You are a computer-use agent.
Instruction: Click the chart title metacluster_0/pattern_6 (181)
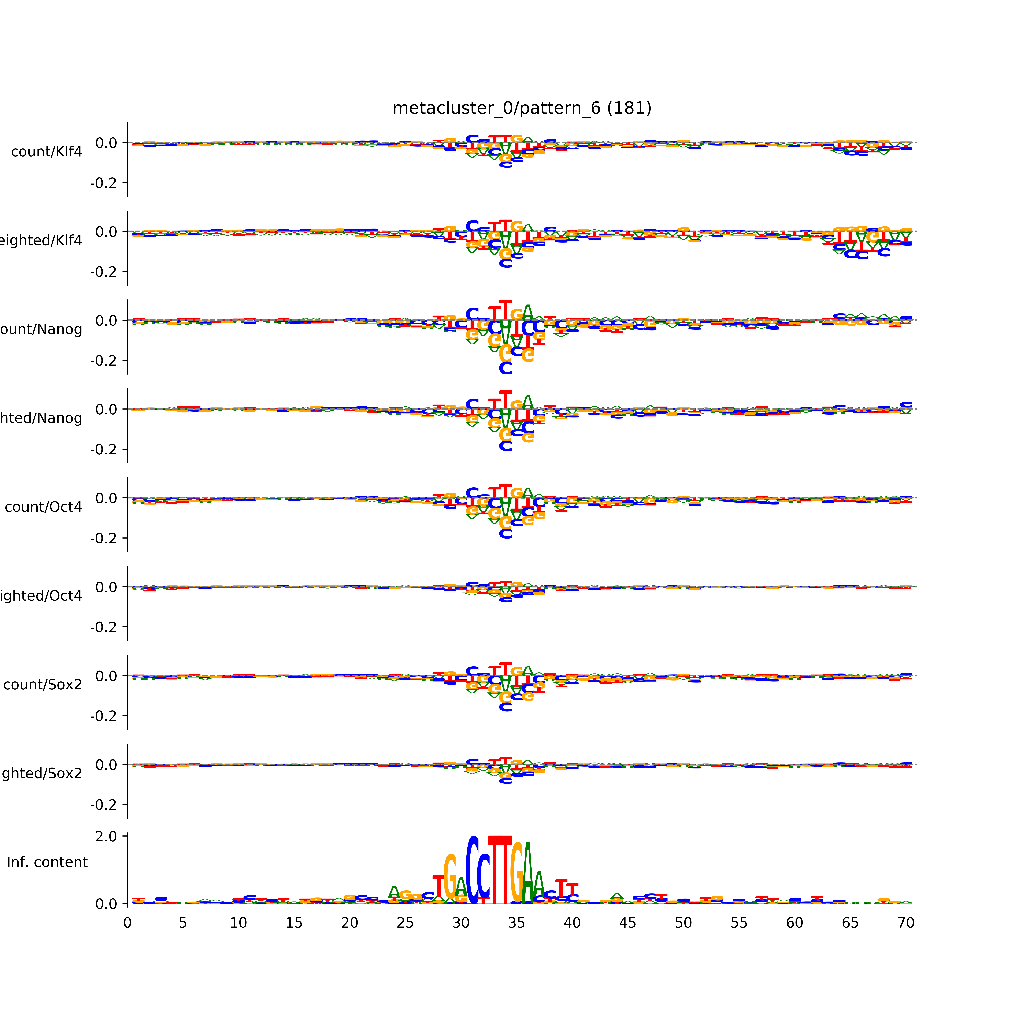pos(522,108)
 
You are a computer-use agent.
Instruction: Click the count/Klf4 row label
pos(46,152)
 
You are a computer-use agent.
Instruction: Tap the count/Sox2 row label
pos(43,685)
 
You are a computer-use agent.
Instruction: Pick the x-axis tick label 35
pos(516,923)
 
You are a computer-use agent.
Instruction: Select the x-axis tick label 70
pos(906,923)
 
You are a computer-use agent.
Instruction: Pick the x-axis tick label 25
pos(405,923)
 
